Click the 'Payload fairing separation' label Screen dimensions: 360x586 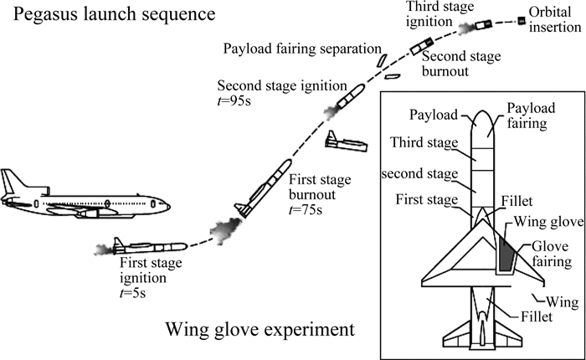302,49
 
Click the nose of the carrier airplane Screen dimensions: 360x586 170,206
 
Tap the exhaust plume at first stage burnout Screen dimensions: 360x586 227,227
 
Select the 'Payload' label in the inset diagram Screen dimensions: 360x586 432,113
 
